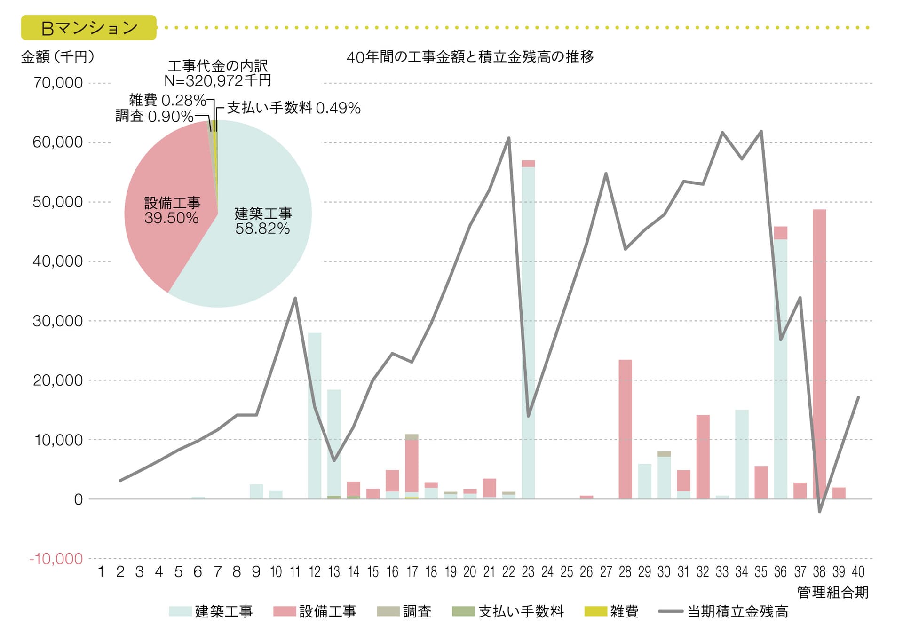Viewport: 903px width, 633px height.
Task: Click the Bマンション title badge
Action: pos(88,28)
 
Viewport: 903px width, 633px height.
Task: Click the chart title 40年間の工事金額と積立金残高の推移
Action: pos(470,57)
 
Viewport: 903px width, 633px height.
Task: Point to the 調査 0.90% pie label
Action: pos(154,116)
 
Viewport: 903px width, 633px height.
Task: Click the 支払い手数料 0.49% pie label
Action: pos(293,108)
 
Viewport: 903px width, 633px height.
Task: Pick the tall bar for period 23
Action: pos(528,329)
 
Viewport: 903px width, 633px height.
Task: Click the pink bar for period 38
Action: pos(819,353)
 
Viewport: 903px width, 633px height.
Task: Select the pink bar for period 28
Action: pos(625,428)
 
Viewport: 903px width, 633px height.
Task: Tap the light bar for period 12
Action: pos(315,414)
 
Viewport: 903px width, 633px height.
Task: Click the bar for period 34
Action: pos(742,454)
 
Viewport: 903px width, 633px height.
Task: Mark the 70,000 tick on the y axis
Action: pos(58,83)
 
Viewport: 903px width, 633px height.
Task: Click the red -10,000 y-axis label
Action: pos(56,559)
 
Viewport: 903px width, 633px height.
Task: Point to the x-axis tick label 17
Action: pos(412,572)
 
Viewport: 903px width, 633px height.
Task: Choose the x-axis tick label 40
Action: pos(858,572)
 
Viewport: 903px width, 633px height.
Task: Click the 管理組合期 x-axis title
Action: pos(832,592)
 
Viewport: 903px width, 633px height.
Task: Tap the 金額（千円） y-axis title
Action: pos(58,57)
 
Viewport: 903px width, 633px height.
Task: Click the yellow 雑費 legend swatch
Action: pos(595,611)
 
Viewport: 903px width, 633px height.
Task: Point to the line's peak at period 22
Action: pos(509,138)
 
